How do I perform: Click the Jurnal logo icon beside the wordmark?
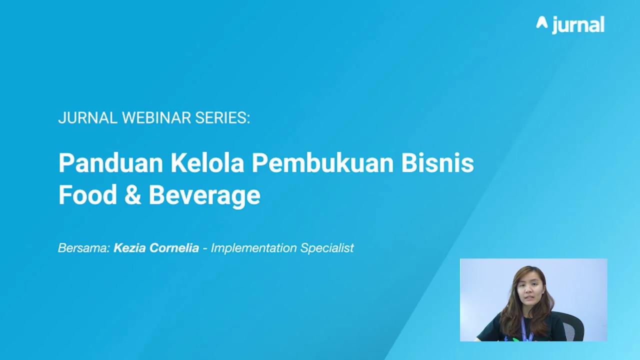tap(542, 22)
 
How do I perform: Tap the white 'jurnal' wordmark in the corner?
tap(578, 24)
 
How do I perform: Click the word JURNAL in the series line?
tap(88, 118)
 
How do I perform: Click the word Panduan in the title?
tap(111, 163)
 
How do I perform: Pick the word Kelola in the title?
tap(207, 163)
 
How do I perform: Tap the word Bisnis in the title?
tap(437, 163)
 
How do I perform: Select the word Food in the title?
tap(87, 195)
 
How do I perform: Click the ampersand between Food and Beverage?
tap(132, 195)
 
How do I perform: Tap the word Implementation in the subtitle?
tap(253, 248)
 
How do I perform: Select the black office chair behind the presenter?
tap(572, 327)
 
